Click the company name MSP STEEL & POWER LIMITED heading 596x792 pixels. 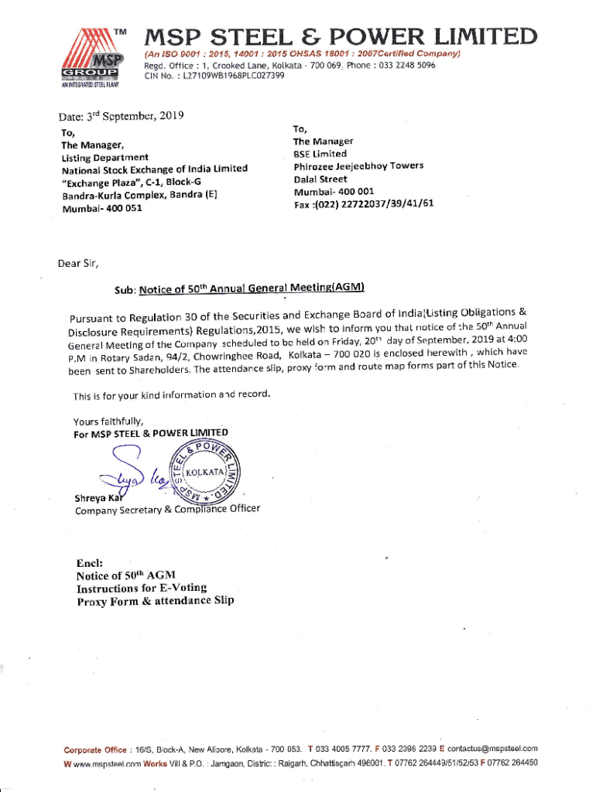pos(341,36)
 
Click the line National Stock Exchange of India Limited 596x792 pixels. pos(154,169)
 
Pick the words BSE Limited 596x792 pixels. pos(320,154)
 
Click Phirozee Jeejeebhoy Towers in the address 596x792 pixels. pos(358,166)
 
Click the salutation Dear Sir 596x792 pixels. pos(78,263)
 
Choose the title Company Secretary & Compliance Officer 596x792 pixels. pos(167,510)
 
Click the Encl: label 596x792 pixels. pos(91,563)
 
